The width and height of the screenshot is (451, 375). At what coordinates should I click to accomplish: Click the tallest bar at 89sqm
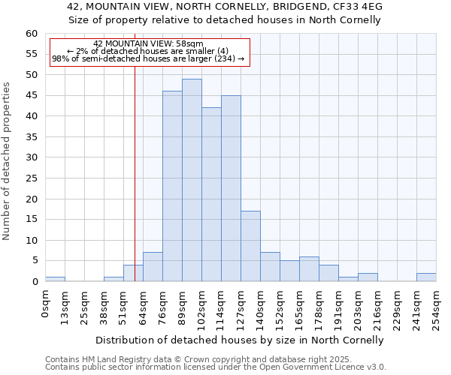[x=192, y=180]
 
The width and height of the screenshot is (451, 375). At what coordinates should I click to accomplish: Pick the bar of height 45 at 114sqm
[x=231, y=188]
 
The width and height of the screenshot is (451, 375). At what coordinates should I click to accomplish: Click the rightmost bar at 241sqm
[x=426, y=277]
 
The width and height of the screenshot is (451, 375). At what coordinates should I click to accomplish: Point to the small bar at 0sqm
[x=55, y=279]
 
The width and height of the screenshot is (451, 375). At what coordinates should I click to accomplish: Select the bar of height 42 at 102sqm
[x=211, y=194]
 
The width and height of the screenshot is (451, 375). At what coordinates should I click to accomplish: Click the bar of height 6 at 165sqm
[x=309, y=269]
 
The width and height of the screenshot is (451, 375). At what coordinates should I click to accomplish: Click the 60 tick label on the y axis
[x=32, y=34]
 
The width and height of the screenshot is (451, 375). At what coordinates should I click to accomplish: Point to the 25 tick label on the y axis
[x=32, y=178]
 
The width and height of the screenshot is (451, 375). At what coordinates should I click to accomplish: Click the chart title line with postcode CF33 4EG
[x=230, y=6]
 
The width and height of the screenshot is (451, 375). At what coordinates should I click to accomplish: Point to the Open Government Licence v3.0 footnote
[x=216, y=367]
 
